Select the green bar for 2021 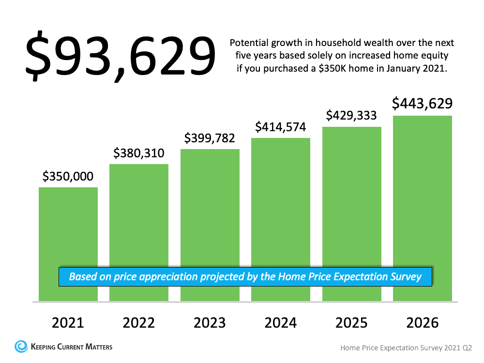tap(68, 227)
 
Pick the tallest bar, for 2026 tap(423, 194)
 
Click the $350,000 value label tap(68, 177)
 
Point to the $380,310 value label tap(139, 153)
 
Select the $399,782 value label tap(210, 138)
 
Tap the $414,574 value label tap(281, 127)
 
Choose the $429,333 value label tap(352, 116)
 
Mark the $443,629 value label tap(422, 104)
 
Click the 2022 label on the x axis tap(139, 323)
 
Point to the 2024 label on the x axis tap(281, 323)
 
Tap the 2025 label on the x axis tap(352, 323)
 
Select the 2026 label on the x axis tap(423, 323)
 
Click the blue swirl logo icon tap(21, 347)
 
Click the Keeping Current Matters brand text tap(71, 347)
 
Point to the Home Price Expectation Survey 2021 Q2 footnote tap(406, 348)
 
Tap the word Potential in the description tap(248, 43)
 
